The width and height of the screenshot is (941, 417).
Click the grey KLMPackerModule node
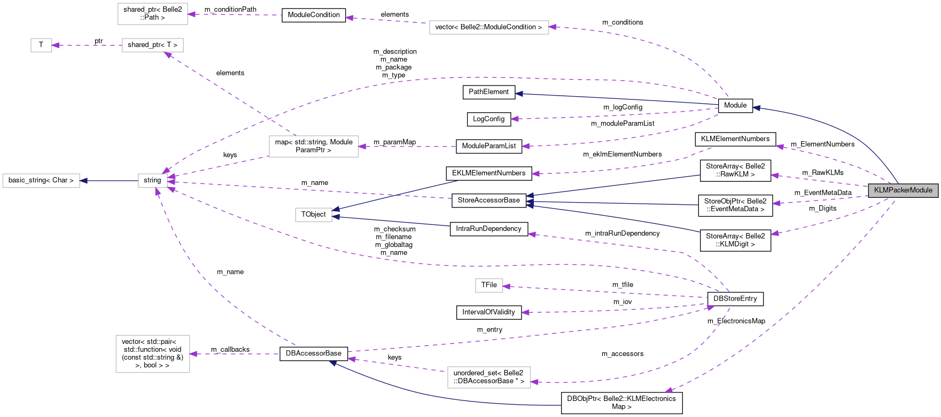903,190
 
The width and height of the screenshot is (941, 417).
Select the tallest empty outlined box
153,354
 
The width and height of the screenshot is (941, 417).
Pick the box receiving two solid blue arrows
314,215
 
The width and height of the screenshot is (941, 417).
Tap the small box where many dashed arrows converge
153,181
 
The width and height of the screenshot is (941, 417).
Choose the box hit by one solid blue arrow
41,181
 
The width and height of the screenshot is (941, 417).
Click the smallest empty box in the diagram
41,45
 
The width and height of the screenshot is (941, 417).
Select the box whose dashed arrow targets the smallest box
153,45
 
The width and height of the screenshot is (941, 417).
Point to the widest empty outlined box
489,27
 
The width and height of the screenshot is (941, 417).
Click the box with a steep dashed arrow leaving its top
314,146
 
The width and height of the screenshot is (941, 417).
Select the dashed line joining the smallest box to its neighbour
88,45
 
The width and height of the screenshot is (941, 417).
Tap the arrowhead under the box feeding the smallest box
168,55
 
